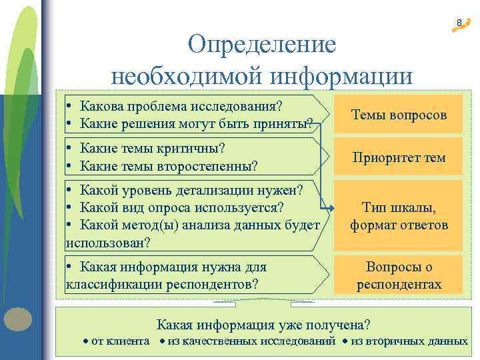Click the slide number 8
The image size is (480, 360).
[x=459, y=24]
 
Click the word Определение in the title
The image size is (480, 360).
[x=261, y=45]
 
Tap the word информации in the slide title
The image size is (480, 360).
[x=341, y=75]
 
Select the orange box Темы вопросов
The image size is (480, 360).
[x=399, y=115]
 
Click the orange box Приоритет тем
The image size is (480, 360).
[x=399, y=158]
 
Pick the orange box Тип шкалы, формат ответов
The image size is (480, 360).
[x=399, y=216]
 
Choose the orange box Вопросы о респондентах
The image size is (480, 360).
[x=399, y=275]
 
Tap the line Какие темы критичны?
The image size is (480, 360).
[x=152, y=147]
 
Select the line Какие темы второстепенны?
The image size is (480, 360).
[x=168, y=165]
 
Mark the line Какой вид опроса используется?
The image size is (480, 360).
[x=181, y=207]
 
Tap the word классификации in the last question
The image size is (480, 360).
[x=107, y=285]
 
